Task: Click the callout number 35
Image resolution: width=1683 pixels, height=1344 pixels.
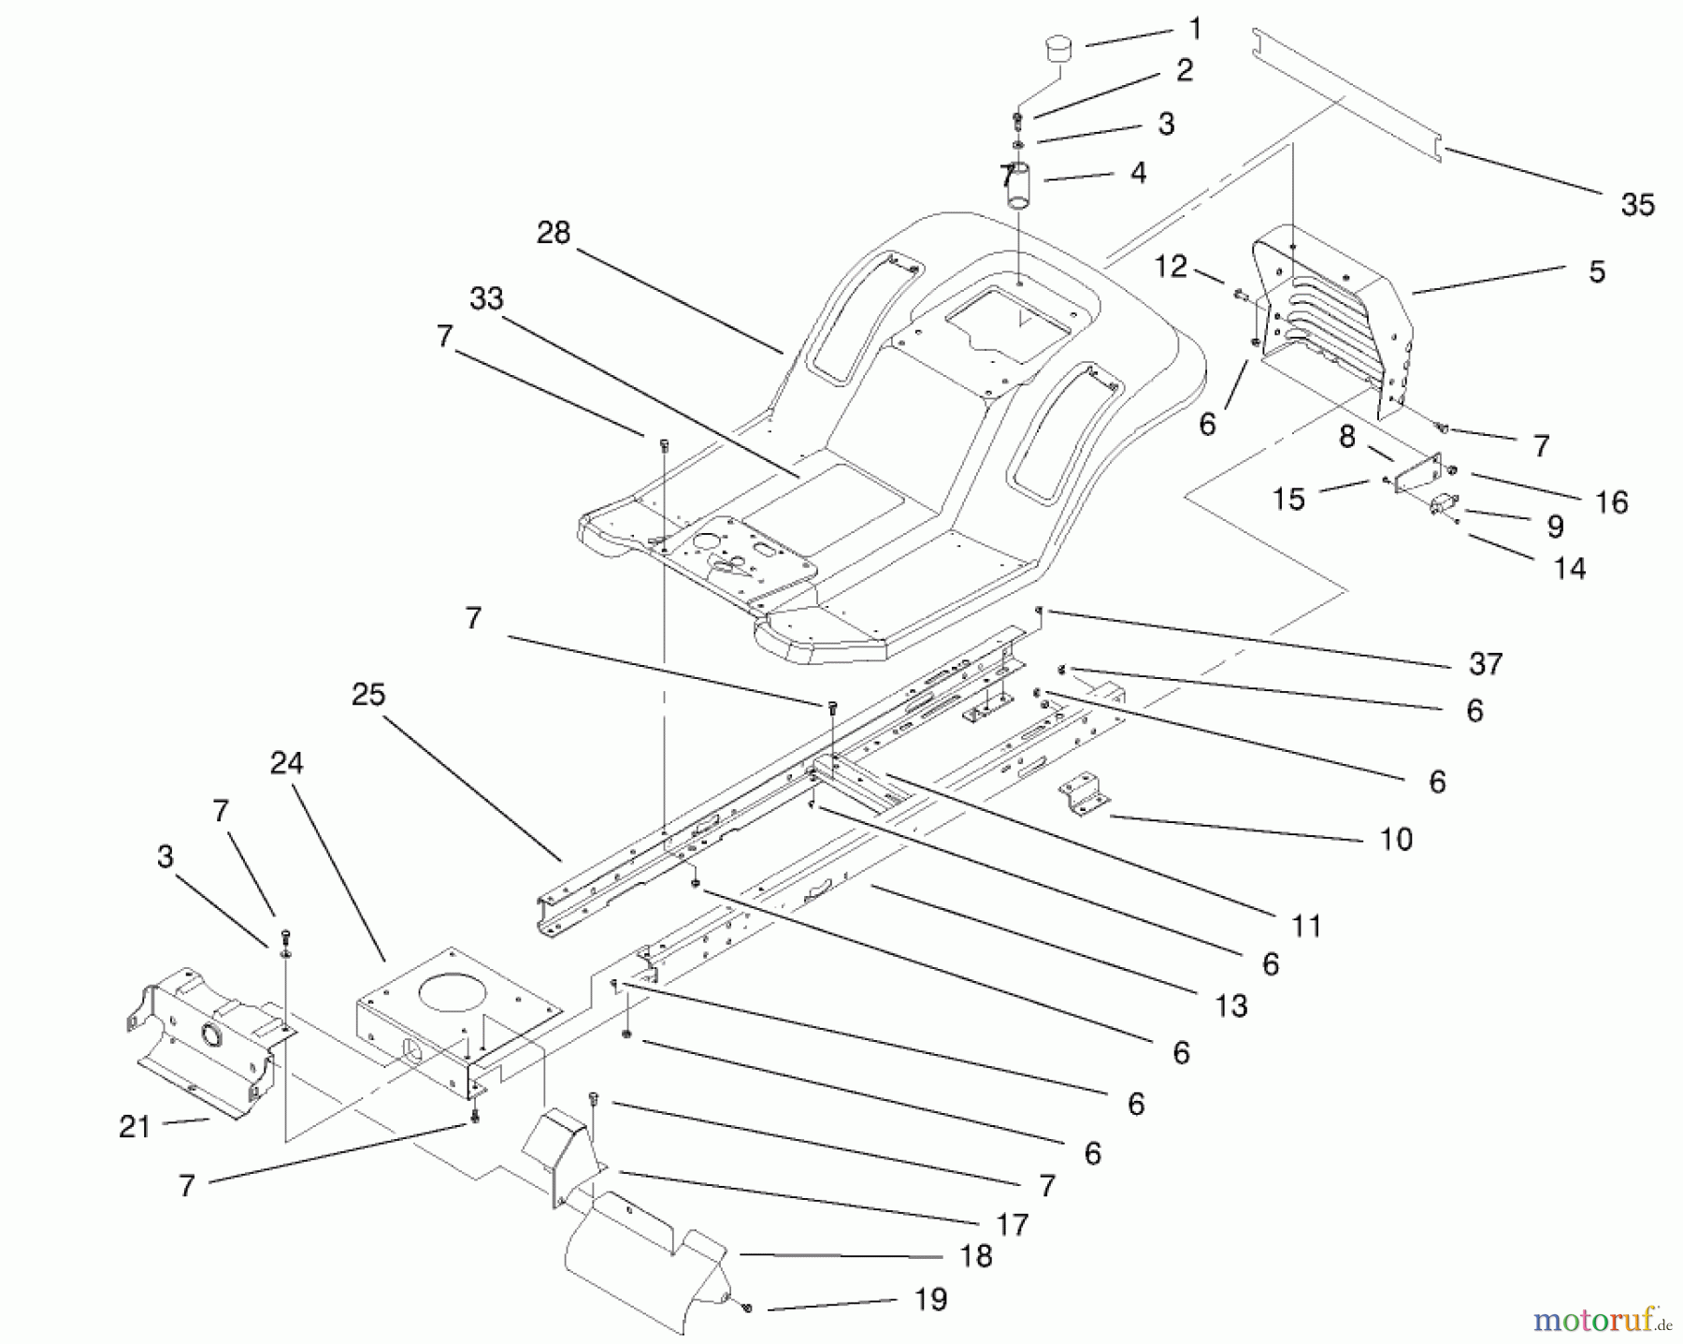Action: coord(1637,205)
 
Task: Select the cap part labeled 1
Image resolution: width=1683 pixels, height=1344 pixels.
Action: coord(1058,48)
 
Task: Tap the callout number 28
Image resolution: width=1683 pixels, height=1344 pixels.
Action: coord(554,233)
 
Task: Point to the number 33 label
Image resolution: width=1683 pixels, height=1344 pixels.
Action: coord(486,299)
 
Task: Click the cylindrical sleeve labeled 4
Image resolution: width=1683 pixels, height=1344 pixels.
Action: coord(1022,186)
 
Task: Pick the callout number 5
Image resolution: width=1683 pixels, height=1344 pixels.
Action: coord(1597,272)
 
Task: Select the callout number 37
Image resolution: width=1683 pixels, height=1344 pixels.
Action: coord(1485,664)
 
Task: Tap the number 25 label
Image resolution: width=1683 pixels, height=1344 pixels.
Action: coord(368,695)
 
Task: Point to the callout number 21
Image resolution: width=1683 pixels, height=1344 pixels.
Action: coord(135,1127)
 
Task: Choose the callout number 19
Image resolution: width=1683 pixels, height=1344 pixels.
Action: coord(930,1300)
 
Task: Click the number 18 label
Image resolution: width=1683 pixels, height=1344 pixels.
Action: coord(976,1257)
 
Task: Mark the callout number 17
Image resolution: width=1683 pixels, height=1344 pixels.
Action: coord(1012,1224)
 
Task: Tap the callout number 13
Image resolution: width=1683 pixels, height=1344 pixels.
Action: coord(1231,1006)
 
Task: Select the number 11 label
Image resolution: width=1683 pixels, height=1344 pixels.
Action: coord(1306,926)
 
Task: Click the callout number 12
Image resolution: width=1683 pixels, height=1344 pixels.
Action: coord(1170,267)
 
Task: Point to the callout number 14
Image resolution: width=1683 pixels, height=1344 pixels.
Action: coord(1570,569)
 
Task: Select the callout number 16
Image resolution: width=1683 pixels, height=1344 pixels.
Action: coord(1611,502)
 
